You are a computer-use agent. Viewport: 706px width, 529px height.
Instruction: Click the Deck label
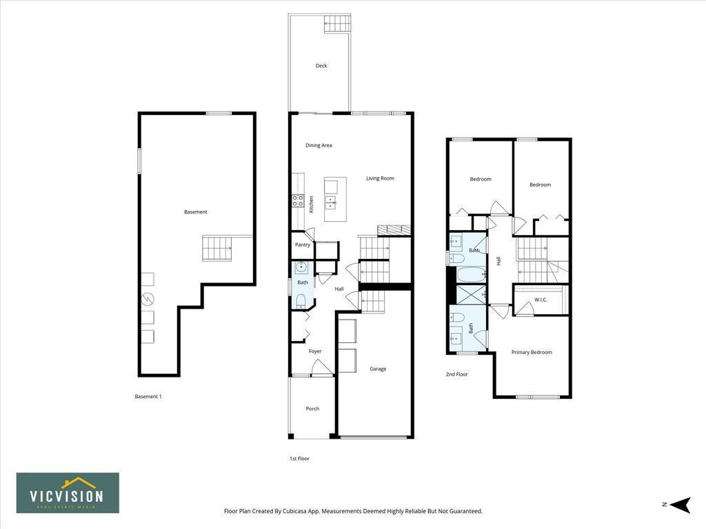[x=321, y=66]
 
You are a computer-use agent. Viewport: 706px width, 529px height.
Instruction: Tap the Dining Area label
[x=319, y=145]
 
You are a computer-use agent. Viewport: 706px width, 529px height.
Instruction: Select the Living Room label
[x=380, y=178]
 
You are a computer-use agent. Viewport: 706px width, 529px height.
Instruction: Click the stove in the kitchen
[x=298, y=200]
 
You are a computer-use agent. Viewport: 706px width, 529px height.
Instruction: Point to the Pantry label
[x=303, y=245]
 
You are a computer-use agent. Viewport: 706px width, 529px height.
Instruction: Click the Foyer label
[x=315, y=351]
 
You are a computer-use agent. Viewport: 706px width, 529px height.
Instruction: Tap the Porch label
[x=312, y=408]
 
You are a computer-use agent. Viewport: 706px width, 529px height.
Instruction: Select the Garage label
[x=378, y=369]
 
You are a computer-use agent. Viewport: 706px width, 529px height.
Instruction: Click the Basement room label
[x=195, y=212]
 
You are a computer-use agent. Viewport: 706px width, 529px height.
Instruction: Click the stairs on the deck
[x=338, y=24]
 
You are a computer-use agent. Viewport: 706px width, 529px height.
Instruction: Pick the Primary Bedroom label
[x=532, y=352]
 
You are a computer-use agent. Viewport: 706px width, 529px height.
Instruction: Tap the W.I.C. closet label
[x=541, y=300]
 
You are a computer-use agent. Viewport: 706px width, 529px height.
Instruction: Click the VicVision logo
[x=68, y=493]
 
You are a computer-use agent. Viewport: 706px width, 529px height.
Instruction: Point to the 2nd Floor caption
[x=456, y=374]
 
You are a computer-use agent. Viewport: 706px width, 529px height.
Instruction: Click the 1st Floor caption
[x=299, y=458]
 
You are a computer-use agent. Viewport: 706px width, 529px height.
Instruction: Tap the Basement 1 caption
[x=148, y=396]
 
